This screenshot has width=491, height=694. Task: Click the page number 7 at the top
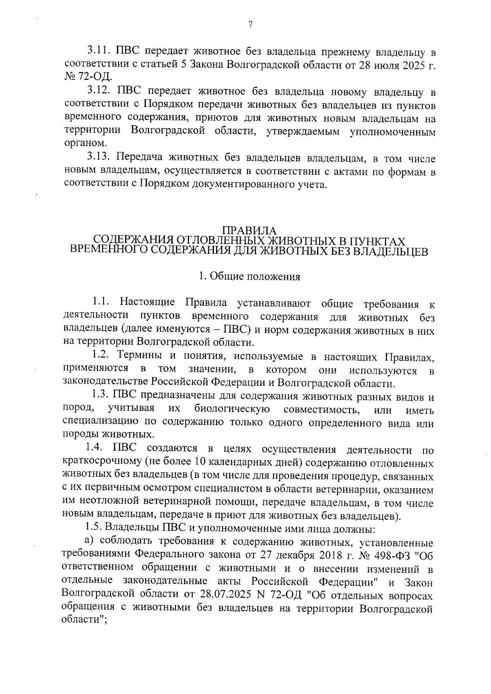(x=250, y=25)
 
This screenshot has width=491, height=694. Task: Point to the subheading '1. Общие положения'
(x=250, y=277)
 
